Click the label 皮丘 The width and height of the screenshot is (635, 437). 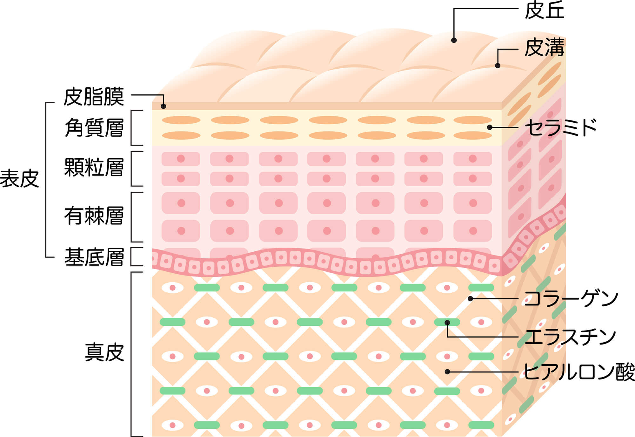click(544, 10)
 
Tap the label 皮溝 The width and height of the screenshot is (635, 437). click(544, 48)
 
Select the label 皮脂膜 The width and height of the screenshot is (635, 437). click(94, 97)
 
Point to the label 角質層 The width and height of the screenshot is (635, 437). click(94, 128)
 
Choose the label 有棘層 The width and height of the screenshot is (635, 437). click(94, 216)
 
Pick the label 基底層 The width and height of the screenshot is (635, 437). click(94, 257)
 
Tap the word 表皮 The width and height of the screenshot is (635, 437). click(20, 179)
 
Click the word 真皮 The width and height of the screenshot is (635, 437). click(104, 352)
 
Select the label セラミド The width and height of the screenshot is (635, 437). click(560, 127)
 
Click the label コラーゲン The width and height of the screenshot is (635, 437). click(571, 299)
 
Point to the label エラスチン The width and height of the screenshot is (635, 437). click(570, 337)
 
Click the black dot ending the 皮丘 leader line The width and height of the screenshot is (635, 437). click(454, 40)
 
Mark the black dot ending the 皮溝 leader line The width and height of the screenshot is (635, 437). click(498, 65)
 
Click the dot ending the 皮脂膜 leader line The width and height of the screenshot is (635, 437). click(163, 106)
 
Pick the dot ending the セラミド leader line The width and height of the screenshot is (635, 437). click(490, 127)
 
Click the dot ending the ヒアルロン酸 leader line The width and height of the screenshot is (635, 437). click(447, 372)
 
